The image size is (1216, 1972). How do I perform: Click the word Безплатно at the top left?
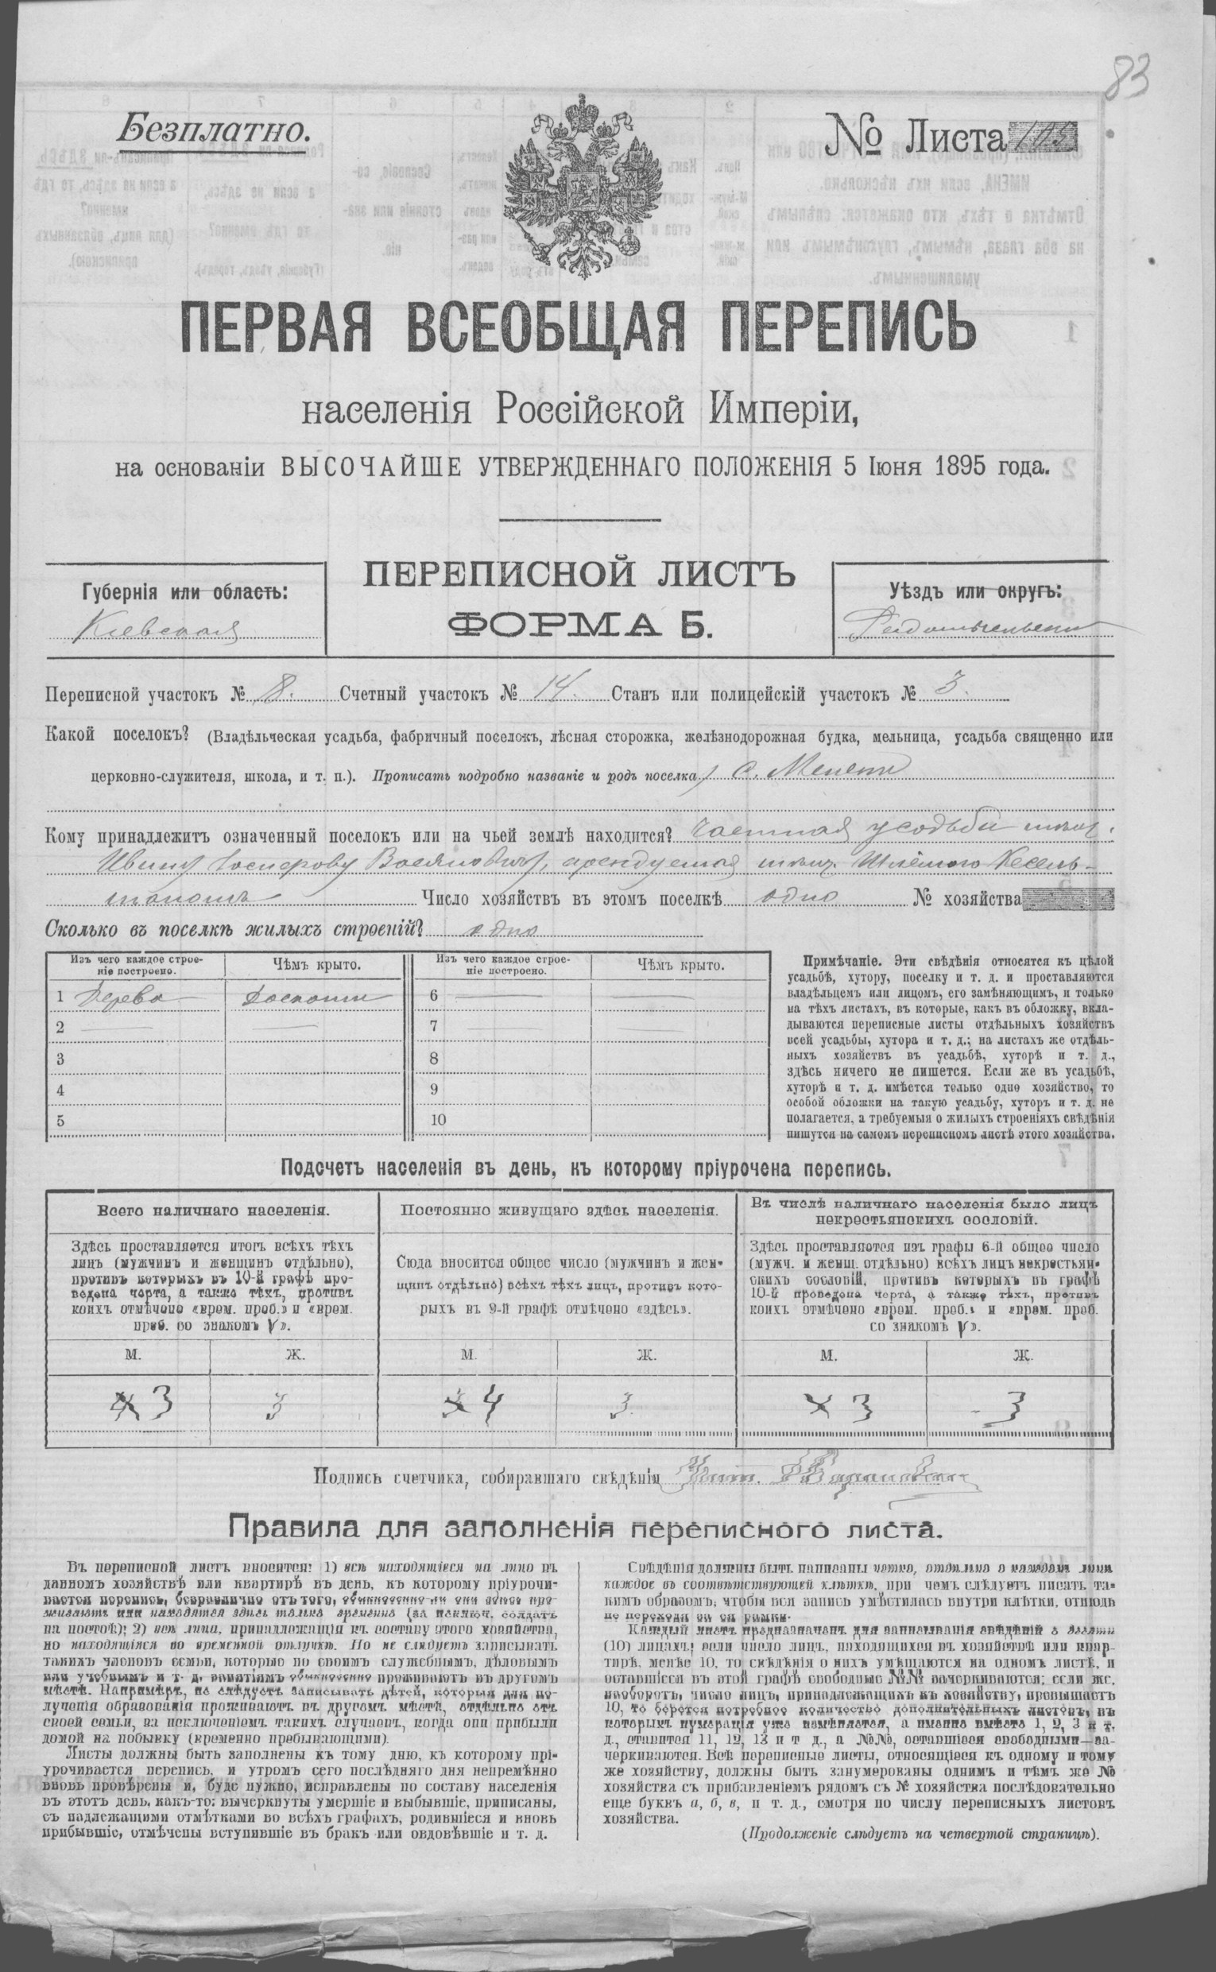click(212, 127)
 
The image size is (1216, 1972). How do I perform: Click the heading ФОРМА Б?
click(580, 625)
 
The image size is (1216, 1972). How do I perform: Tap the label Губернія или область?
click(184, 593)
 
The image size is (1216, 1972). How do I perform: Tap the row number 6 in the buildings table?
click(434, 996)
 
